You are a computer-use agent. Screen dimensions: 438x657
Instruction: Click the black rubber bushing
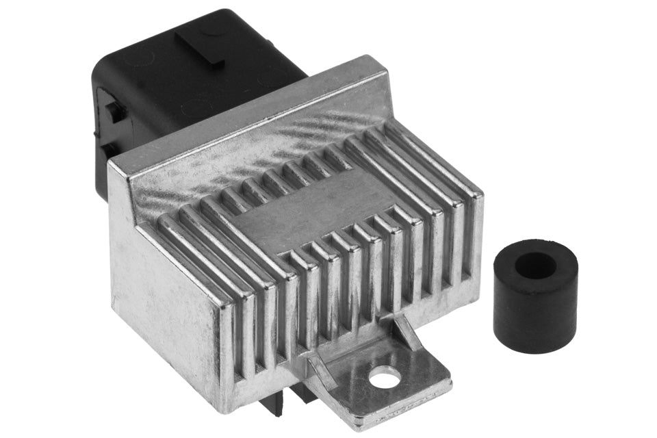535,301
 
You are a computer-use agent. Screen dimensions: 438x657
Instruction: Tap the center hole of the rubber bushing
535,266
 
